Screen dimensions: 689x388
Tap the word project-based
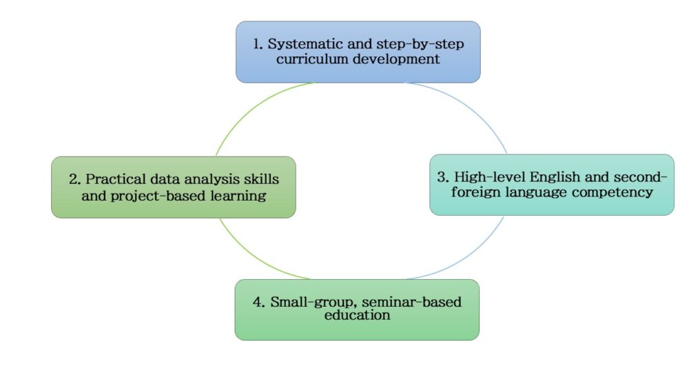(x=158, y=196)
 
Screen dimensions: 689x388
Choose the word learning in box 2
(x=238, y=196)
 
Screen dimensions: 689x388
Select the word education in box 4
(x=357, y=315)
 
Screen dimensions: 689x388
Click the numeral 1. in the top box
(x=258, y=44)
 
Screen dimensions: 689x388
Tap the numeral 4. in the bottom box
(x=259, y=303)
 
